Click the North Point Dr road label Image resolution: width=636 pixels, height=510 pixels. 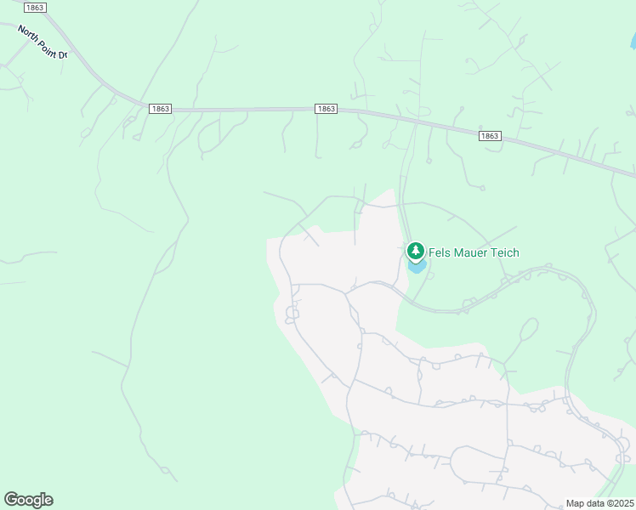[42, 42]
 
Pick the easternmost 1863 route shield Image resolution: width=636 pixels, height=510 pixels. [489, 136]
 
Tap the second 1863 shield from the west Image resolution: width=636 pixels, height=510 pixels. [159, 109]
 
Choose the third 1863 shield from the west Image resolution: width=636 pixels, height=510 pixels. [326, 109]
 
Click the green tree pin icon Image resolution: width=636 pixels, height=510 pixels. [415, 251]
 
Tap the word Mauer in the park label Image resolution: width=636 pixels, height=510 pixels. [475, 252]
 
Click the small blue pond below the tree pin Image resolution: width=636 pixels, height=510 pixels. [417, 267]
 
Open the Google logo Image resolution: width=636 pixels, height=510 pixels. [28, 500]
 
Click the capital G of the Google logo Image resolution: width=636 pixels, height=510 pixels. [11, 499]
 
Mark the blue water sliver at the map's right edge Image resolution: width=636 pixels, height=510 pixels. [633, 40]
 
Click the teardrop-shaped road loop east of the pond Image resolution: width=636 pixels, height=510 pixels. [527, 328]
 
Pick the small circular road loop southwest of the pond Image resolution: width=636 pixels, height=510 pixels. [292, 314]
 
